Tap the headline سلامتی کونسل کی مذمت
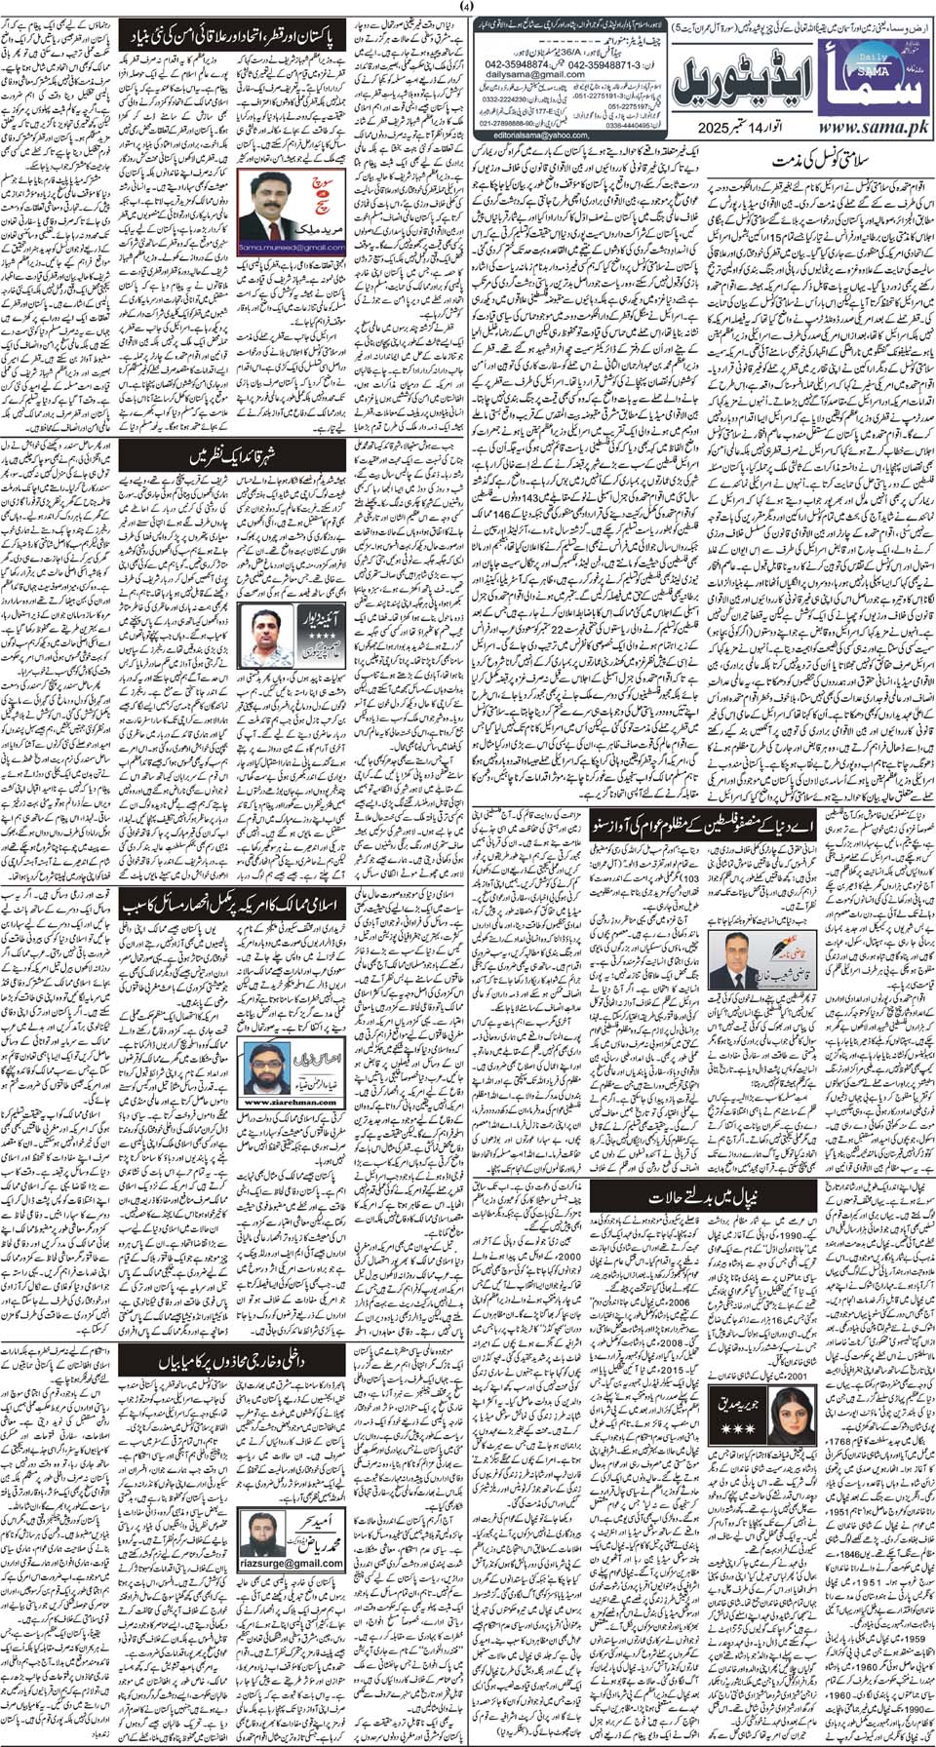coord(819,160)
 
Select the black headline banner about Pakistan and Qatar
coord(233,37)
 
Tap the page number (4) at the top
coord(467,8)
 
